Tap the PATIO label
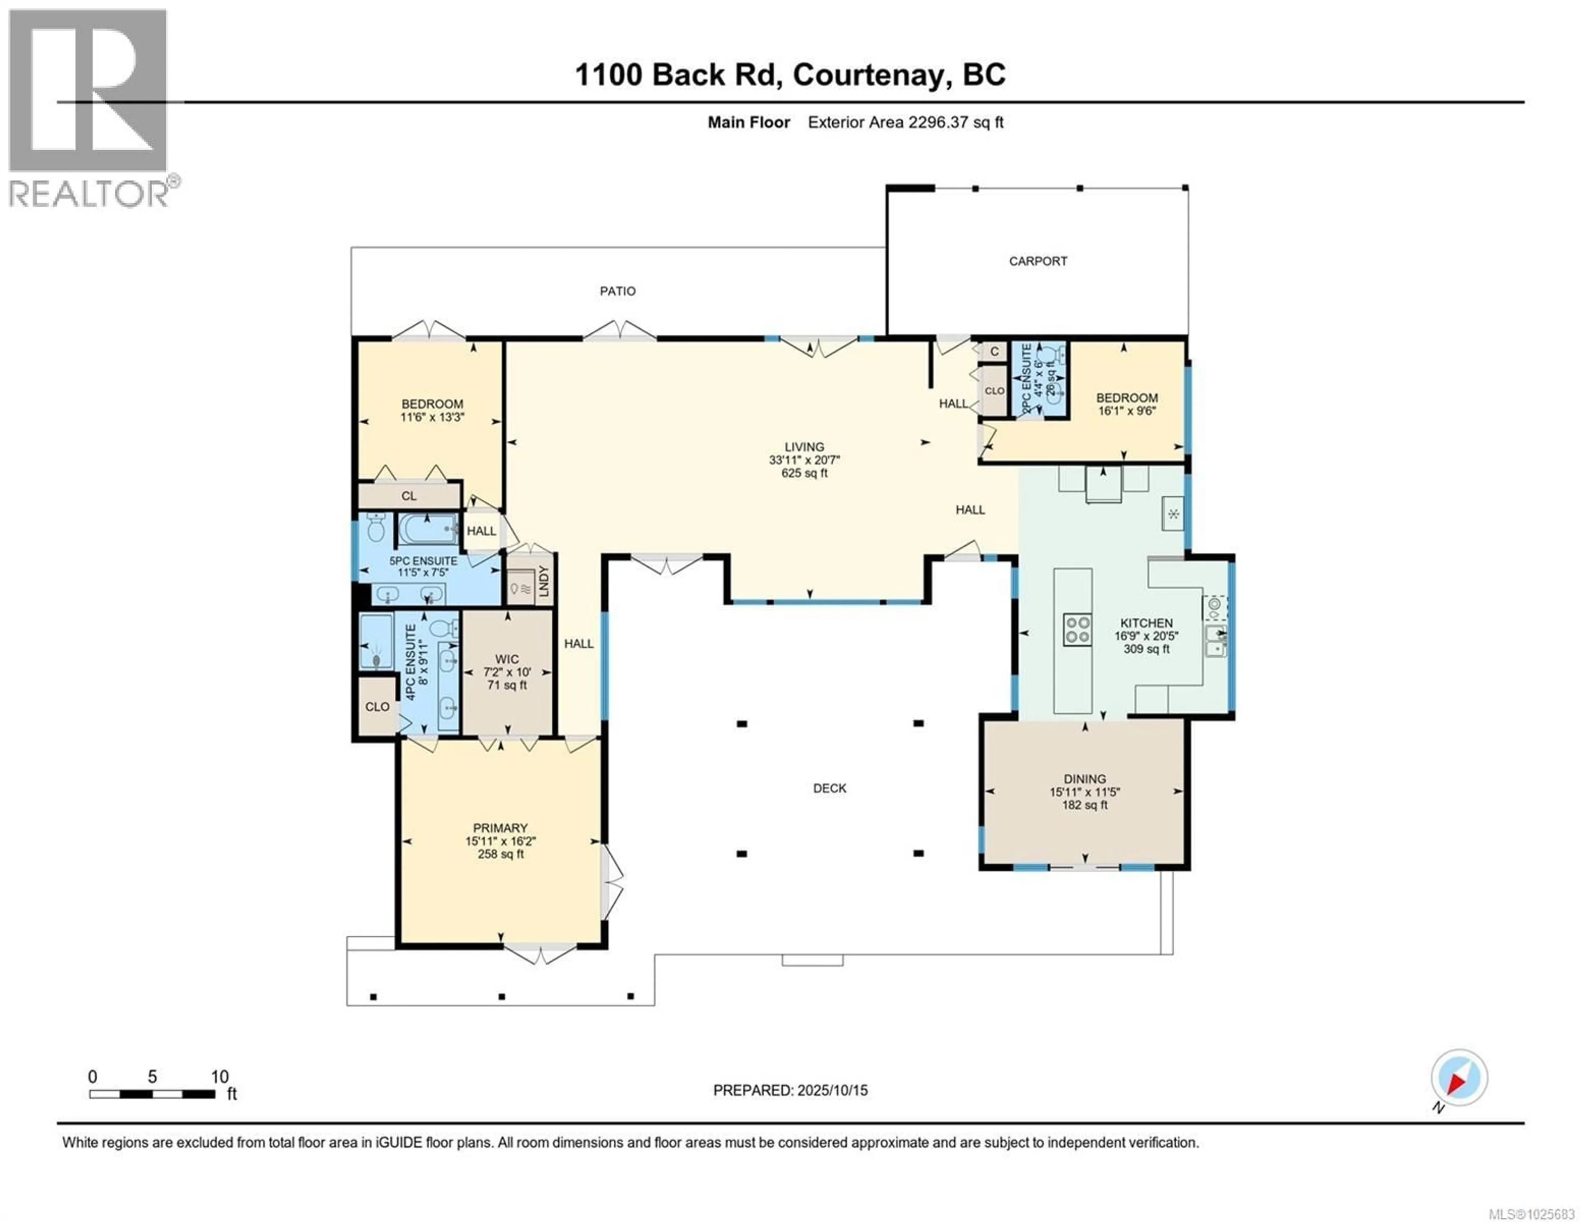pyautogui.click(x=618, y=291)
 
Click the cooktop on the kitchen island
pyautogui.click(x=1077, y=629)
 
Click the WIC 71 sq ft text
pyautogui.click(x=507, y=685)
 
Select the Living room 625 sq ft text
pyautogui.click(x=804, y=473)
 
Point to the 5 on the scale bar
pyautogui.click(x=152, y=1076)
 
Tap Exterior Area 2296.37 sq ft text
pyautogui.click(x=905, y=122)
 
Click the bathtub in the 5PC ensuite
pyautogui.click(x=427, y=530)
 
